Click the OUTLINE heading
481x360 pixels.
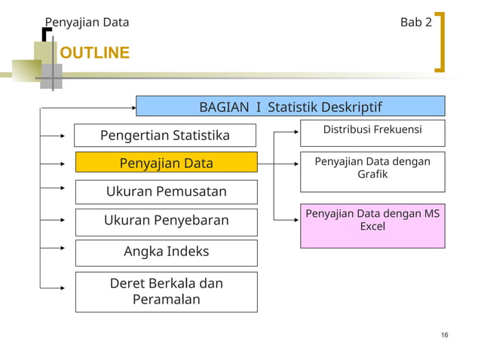(94, 53)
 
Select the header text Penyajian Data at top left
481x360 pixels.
(87, 23)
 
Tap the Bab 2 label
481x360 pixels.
(415, 23)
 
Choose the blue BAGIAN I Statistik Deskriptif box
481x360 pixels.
(290, 106)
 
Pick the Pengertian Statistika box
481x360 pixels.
(165, 136)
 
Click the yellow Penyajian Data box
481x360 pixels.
(166, 163)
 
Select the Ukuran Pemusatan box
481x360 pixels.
(166, 191)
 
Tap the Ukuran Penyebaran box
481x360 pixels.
(166, 221)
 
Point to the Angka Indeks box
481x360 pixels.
(166, 252)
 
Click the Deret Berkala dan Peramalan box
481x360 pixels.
(166, 291)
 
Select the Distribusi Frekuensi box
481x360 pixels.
(372, 131)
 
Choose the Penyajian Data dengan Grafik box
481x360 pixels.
(372, 168)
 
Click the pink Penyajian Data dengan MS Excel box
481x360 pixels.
(372, 225)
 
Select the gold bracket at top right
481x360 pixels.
(440, 41)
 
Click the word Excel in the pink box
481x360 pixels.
(372, 227)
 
